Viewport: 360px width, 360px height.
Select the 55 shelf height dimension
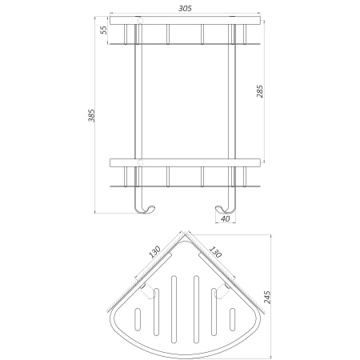point(103,30)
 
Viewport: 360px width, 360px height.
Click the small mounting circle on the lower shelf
point(139,163)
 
